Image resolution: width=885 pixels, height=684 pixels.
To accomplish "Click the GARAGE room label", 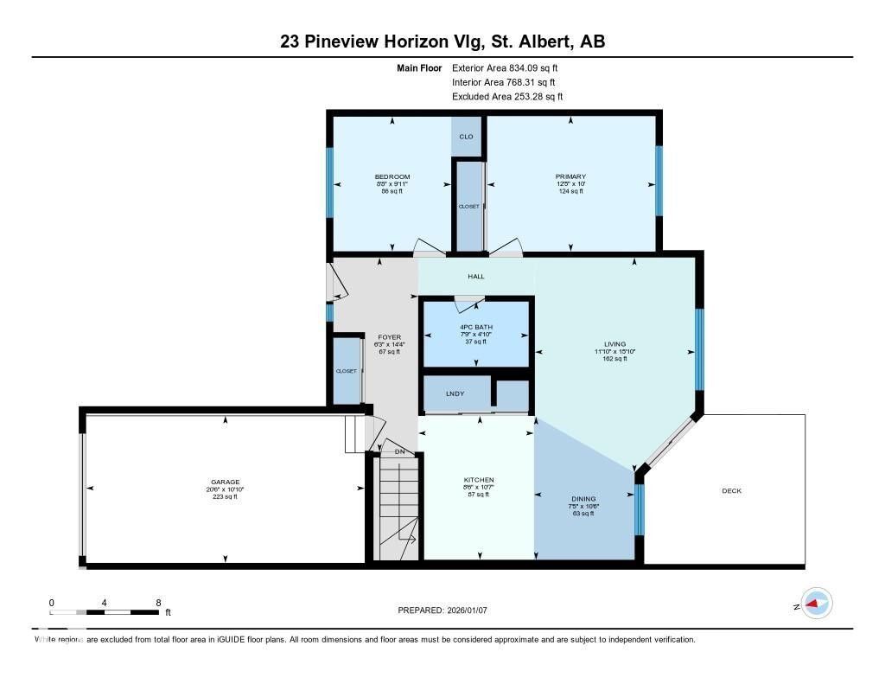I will (x=225, y=483).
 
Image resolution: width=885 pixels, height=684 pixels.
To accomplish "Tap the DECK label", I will (x=731, y=491).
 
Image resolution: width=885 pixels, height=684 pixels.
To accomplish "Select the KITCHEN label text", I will (x=478, y=480).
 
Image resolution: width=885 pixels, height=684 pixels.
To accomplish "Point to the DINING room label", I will (x=583, y=499).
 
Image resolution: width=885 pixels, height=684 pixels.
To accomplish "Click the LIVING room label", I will (x=614, y=344).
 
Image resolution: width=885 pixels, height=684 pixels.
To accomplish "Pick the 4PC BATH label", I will (x=475, y=327).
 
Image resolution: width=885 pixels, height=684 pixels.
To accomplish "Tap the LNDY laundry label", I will (x=455, y=394).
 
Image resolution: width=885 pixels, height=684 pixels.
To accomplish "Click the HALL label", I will (x=476, y=277).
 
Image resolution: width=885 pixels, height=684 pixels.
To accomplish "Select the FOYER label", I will (x=388, y=337).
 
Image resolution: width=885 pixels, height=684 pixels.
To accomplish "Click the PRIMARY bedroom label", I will (x=570, y=177).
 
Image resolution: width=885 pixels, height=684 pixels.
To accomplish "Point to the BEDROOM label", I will (x=392, y=177).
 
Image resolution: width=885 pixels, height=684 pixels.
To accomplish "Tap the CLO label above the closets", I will (x=466, y=137).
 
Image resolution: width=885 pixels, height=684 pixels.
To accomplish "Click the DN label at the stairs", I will (x=399, y=452).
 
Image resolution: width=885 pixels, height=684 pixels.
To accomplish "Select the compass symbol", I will (x=815, y=604).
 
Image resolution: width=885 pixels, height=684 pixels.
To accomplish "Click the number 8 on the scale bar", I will (x=157, y=602).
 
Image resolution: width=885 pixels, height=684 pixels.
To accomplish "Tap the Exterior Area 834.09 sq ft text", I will (x=511, y=67).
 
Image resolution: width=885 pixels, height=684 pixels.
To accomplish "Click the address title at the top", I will (x=442, y=41).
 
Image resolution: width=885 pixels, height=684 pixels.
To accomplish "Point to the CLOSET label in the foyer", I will (x=347, y=371).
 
